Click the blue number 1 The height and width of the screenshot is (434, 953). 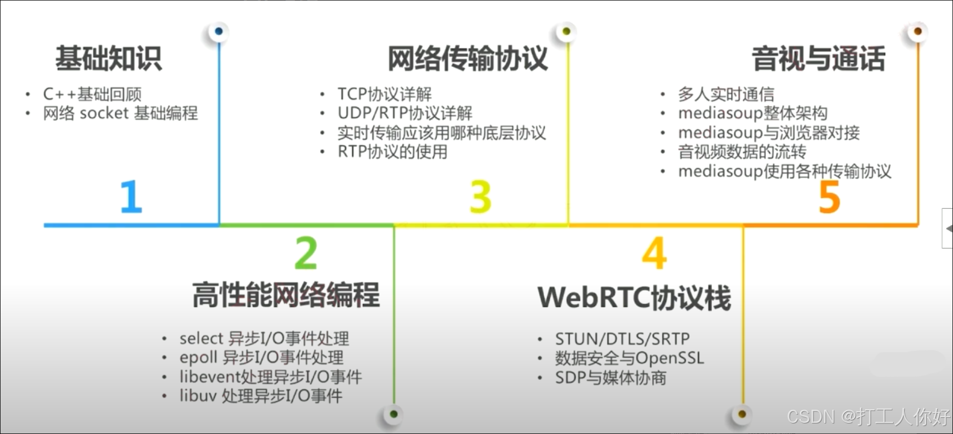pos(131,196)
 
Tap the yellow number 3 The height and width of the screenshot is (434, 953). pos(480,197)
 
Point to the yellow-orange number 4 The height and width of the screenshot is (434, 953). pos(654,253)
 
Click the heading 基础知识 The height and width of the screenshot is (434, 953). pos(109,58)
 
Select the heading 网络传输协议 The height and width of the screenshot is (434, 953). pos(467,58)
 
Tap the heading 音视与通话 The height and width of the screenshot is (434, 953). pos(818,58)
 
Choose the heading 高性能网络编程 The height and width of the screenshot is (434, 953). pos(286,295)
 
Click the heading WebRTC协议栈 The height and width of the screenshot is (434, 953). pos(634,298)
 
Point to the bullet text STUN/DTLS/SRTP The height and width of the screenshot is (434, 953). pos(622,339)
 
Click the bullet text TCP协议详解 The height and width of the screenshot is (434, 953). pos(384,94)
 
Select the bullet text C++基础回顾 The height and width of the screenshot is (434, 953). pos(92,94)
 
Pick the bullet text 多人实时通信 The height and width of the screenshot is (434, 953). pos(726,94)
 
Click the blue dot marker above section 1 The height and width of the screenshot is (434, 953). pos(219,32)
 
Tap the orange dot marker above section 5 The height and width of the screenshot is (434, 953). pos(918,32)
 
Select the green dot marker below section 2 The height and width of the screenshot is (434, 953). pos(394,415)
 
